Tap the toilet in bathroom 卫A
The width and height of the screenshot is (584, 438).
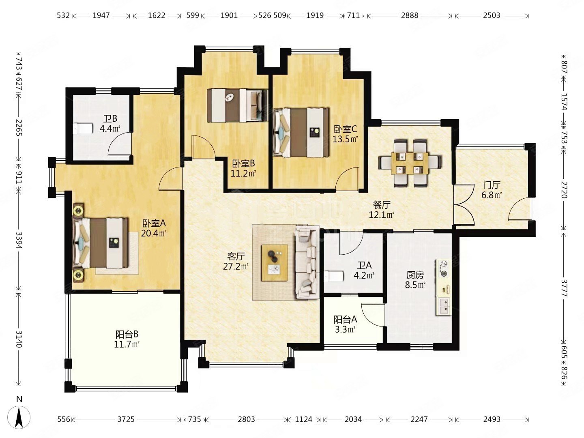tap(334, 276)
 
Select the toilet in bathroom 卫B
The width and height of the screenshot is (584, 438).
tap(82, 129)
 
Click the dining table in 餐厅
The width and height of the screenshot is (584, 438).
tap(410, 163)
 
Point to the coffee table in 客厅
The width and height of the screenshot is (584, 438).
tap(275, 263)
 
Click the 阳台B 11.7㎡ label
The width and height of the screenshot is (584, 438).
tap(127, 339)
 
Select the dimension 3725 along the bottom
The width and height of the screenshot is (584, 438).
tap(126, 419)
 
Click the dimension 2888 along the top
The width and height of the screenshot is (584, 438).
tap(410, 15)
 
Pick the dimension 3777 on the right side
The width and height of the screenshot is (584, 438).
tap(564, 288)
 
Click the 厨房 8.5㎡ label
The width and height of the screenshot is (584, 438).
tap(415, 280)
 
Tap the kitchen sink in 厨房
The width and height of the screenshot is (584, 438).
tap(444, 306)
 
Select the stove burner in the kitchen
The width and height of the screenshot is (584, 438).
tap(443, 268)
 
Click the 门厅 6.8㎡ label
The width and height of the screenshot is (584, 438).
tap(492, 190)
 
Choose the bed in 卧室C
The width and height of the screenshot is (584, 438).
tap(301, 133)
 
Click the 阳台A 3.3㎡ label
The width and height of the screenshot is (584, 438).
tap(345, 324)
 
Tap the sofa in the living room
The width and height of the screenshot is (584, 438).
tap(307, 262)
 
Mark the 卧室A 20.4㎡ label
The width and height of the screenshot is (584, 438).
tap(154, 228)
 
